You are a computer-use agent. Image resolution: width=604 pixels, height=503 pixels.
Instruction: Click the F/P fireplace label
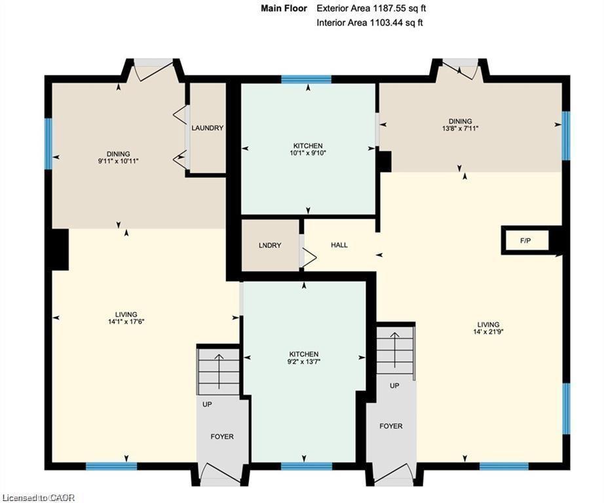click(525, 241)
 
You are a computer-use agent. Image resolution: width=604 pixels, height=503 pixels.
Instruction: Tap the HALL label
click(339, 245)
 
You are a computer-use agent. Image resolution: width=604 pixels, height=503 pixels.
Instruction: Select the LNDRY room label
click(270, 246)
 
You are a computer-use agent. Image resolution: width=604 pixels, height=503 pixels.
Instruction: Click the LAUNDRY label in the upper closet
click(207, 128)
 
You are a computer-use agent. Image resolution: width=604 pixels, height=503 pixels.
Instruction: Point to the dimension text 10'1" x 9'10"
click(308, 153)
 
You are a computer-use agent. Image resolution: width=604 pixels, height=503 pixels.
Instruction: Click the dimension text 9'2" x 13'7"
click(304, 362)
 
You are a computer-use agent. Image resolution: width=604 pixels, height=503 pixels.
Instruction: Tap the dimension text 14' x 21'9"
click(488, 331)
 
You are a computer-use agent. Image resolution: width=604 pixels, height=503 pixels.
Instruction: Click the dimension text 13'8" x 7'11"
click(460, 128)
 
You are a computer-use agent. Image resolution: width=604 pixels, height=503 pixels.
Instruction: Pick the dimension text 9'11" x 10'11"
click(119, 161)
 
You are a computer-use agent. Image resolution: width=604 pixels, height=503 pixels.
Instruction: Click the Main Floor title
click(284, 9)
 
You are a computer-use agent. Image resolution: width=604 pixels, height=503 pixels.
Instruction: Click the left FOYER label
click(222, 436)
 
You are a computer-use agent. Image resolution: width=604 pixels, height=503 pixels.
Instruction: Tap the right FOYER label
click(391, 426)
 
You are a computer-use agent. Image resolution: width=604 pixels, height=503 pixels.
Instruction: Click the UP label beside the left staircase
click(207, 404)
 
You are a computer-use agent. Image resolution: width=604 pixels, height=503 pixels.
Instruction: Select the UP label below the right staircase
click(394, 386)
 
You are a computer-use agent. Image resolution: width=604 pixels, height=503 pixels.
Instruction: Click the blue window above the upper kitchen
click(306, 79)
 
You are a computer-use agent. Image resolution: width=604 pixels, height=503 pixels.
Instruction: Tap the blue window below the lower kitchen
click(306, 466)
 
